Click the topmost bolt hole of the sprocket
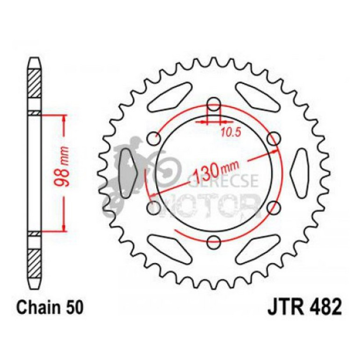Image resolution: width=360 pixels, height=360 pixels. pos(214,103)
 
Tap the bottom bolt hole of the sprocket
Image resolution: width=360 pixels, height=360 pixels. pos(214,242)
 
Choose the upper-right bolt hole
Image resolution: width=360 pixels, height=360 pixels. pos(274,138)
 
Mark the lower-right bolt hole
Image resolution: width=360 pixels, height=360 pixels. pos(274,207)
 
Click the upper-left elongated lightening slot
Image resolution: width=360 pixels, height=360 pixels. pos(168,95)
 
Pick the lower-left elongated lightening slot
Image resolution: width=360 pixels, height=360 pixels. pos(168,249)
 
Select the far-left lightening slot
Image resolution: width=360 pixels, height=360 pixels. pos(127,173)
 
